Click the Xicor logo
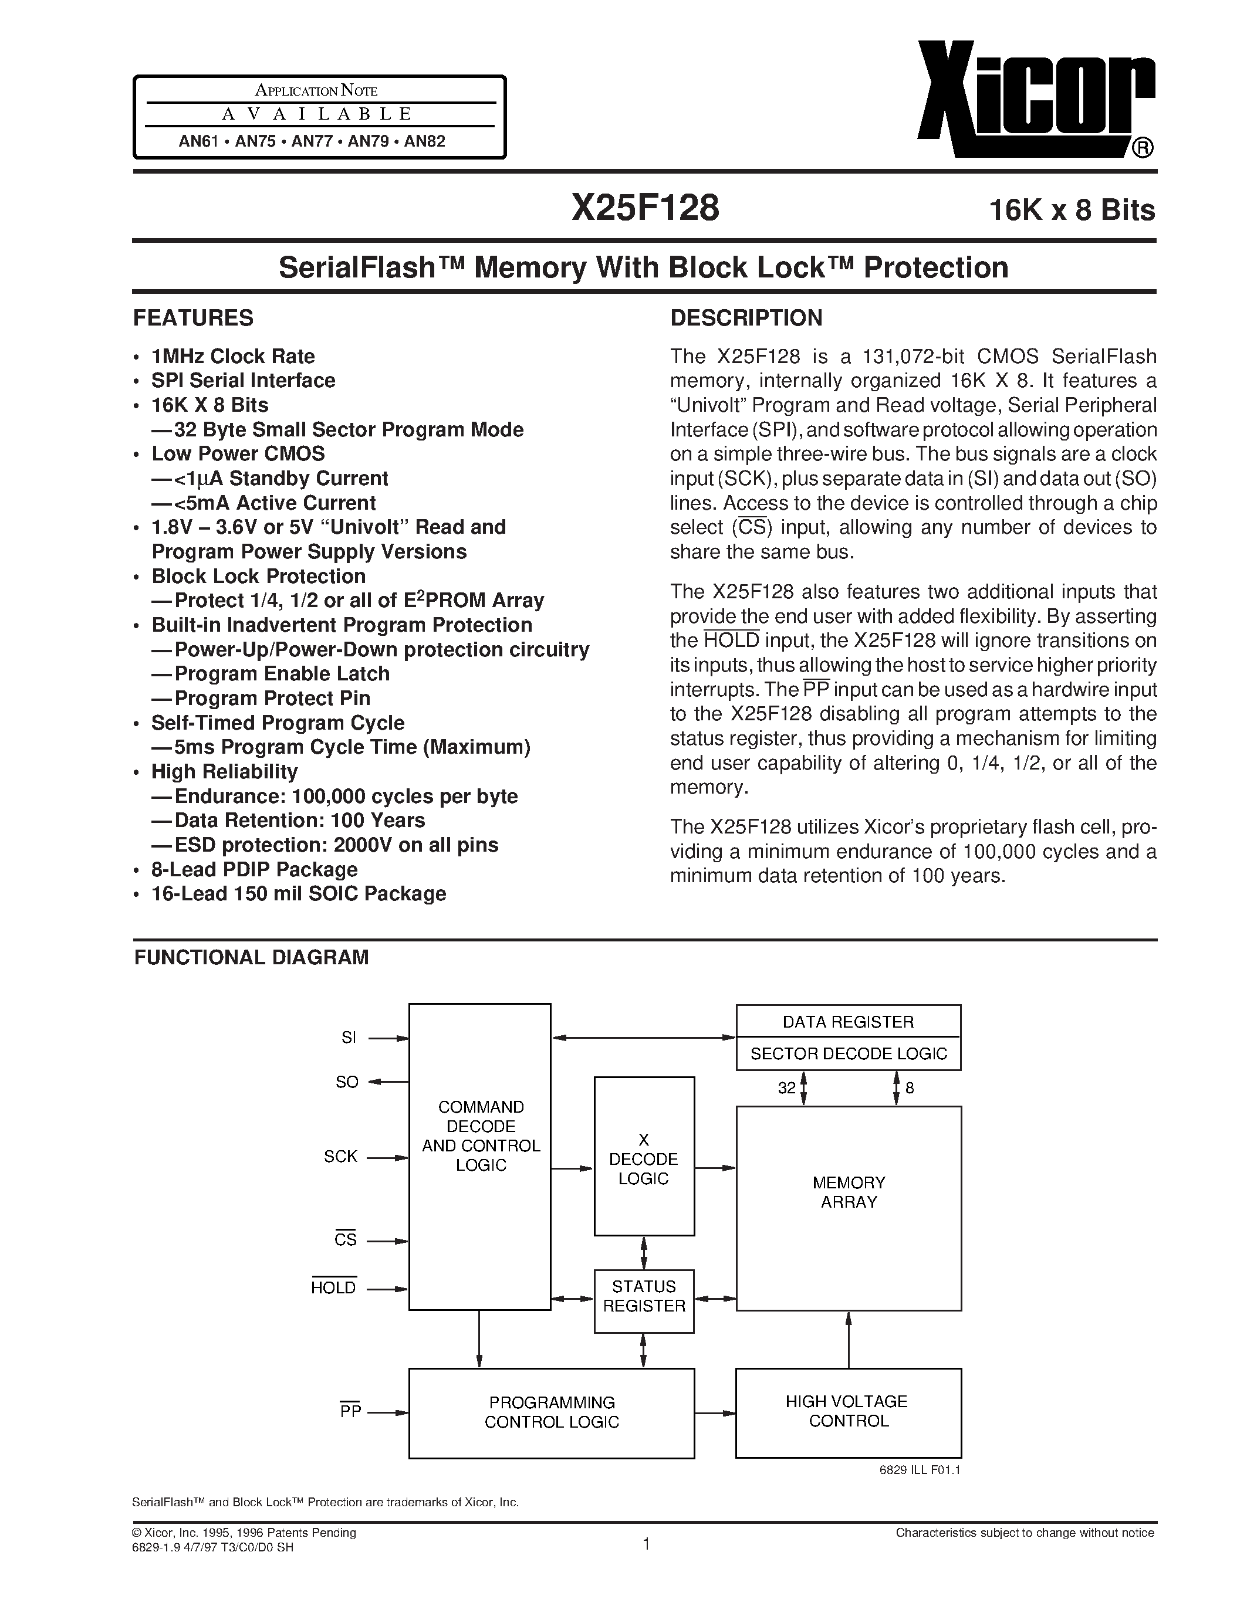coord(1034,100)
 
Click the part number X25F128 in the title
coord(645,208)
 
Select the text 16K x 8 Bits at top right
coord(1072,211)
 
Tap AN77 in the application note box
coord(312,140)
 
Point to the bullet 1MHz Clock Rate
coord(233,356)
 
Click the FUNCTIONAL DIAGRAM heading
coord(251,957)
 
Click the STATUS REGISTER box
coord(643,1296)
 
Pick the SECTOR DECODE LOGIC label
coord(848,1054)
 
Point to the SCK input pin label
coord(340,1157)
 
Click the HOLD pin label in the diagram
coord(333,1287)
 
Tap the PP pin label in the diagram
coord(350,1411)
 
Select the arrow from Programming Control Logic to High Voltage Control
coord(714,1412)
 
